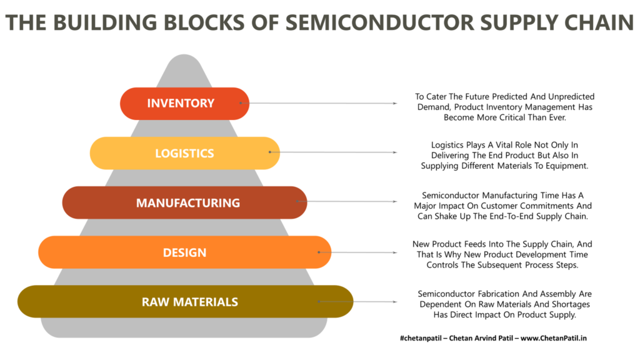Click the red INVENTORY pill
pyautogui.click(x=184, y=103)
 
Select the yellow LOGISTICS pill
pyautogui.click(x=185, y=153)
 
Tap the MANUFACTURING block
pyautogui.click(x=184, y=202)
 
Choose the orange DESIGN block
pyautogui.click(x=185, y=252)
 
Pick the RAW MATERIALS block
pyautogui.click(x=185, y=302)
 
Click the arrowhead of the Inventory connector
pyautogui.click(x=395, y=103)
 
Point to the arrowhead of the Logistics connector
pyautogui.click(x=395, y=152)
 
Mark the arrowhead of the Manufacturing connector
pyautogui.click(x=395, y=202)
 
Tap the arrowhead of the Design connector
pyautogui.click(x=395, y=252)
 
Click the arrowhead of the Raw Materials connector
pyautogui.click(x=395, y=302)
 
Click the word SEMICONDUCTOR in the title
pyautogui.click(x=380, y=22)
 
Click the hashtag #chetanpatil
pyautogui.click(x=421, y=338)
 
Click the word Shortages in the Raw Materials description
pyautogui.click(x=571, y=304)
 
